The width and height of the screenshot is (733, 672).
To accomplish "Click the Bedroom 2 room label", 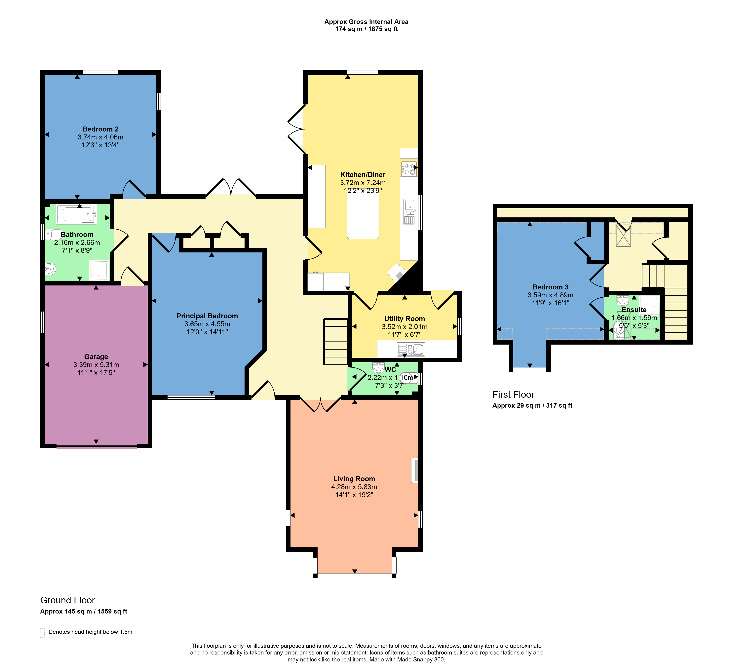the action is (x=100, y=129).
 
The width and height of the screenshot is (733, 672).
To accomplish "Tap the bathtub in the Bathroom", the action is (x=76, y=214).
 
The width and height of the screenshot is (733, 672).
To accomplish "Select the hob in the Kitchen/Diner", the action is (x=409, y=169).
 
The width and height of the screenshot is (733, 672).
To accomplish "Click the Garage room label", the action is (x=96, y=357).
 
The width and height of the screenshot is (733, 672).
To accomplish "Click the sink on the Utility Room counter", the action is (x=411, y=350).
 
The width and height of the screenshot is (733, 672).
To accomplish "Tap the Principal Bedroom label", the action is (x=207, y=316).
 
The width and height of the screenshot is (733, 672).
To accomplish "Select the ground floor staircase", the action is (x=335, y=341).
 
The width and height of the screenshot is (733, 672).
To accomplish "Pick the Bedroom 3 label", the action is (x=550, y=287).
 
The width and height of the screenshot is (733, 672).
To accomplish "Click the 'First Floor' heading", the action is (x=513, y=394).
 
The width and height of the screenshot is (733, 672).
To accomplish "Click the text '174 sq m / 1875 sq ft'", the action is (x=366, y=29).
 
